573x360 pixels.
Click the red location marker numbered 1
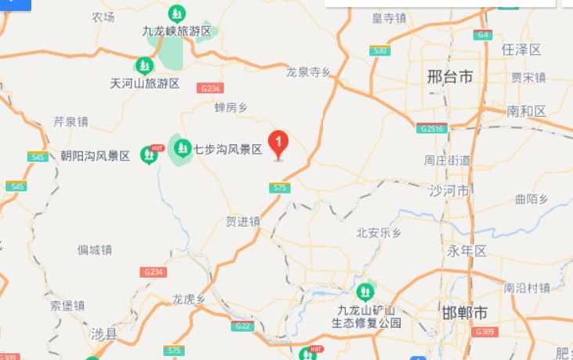point(278,144)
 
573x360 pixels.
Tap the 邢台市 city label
point(450,77)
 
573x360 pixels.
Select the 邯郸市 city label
point(465,313)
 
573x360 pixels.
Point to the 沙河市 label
point(449,191)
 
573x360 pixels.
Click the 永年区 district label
point(467,251)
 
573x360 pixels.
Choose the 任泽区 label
point(521,49)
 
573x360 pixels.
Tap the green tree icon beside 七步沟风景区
point(183,147)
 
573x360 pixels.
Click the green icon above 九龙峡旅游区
point(177,14)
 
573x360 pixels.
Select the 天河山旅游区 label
point(145,83)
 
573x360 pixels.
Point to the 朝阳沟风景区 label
point(96,156)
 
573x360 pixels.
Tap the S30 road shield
point(380,50)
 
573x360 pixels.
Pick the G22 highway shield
point(243,325)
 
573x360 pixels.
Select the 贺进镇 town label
point(242,222)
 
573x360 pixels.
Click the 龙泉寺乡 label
point(308,71)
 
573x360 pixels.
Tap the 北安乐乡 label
point(379,233)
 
